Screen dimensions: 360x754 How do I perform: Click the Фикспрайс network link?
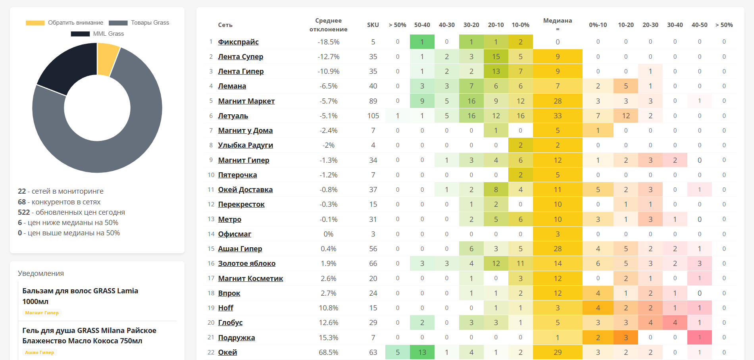tap(238, 42)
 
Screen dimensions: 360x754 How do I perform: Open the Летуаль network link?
tap(233, 116)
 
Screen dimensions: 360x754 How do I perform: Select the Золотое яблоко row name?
tap(246, 264)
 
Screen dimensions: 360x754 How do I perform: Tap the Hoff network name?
tap(225, 308)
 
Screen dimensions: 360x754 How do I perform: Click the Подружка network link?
tap(236, 338)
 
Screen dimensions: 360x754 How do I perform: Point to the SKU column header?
tap(373, 25)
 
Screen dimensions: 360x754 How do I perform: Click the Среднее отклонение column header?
tap(328, 25)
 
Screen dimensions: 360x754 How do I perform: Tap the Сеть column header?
tap(225, 25)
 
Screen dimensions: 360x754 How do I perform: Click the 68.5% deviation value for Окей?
tap(328, 352)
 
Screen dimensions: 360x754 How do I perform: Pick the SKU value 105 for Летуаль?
tap(373, 116)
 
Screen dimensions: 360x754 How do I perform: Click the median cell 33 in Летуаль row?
tap(557, 116)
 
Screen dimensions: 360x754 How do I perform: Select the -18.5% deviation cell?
tap(328, 42)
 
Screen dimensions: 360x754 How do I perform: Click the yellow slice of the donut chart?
tap(107, 59)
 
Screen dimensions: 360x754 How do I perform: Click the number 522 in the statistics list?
tap(24, 212)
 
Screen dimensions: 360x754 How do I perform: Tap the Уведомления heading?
tap(41, 273)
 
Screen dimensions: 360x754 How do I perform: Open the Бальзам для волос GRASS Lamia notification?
tap(80, 296)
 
